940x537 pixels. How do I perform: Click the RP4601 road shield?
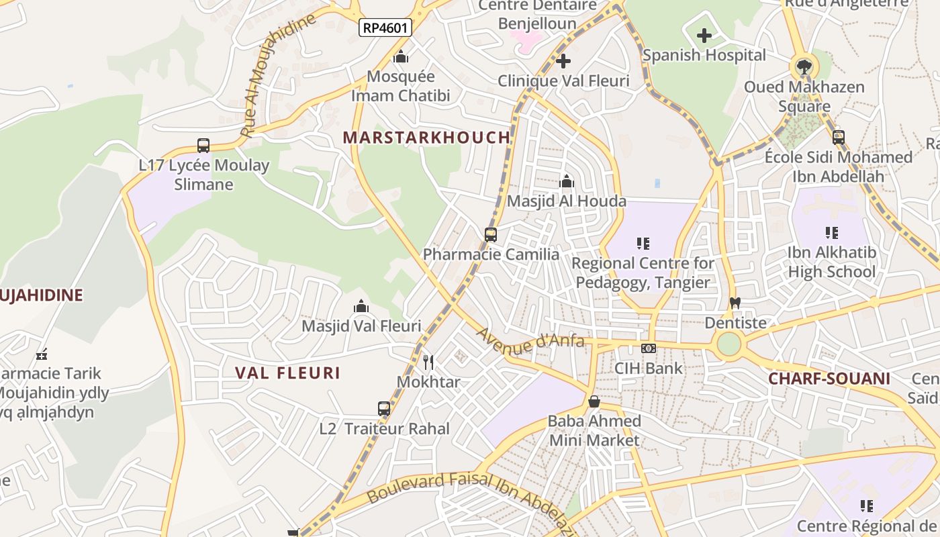(x=385, y=28)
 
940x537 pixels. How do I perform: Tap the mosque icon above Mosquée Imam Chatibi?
(x=401, y=56)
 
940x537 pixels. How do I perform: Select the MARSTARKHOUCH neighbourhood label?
(x=426, y=138)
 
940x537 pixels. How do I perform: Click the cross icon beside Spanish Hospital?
(x=704, y=35)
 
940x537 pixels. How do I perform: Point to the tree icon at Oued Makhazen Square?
(x=803, y=66)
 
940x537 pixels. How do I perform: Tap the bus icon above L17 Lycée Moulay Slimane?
(x=203, y=145)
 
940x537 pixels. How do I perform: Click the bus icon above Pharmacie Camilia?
(x=491, y=234)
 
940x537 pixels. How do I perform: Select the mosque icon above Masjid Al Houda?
(x=567, y=181)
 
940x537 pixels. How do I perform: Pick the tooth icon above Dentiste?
(x=735, y=303)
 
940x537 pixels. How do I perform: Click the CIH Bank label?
(x=649, y=368)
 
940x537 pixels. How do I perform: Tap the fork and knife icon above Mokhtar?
(x=428, y=362)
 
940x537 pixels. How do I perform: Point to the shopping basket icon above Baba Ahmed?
(x=594, y=401)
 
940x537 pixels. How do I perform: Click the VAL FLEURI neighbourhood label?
(x=288, y=373)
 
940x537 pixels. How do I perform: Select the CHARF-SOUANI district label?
(x=829, y=379)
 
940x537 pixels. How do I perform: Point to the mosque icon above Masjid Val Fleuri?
(x=361, y=307)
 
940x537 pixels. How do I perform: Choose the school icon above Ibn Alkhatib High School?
(x=832, y=233)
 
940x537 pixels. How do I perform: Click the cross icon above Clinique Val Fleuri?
(x=563, y=62)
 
